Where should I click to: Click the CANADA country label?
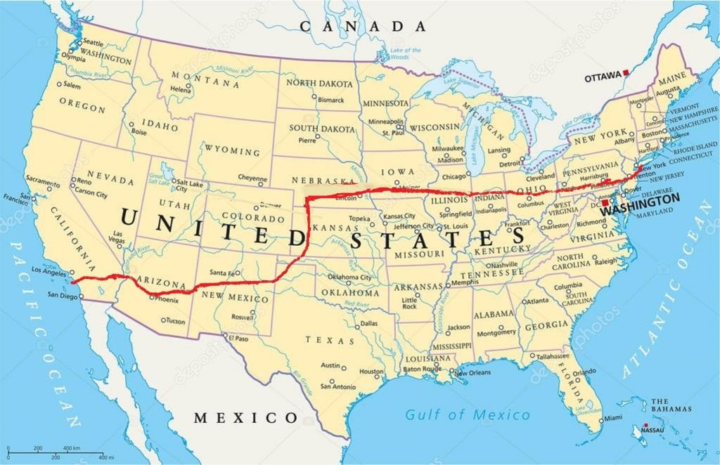[x=363, y=27]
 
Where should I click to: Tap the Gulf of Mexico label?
[x=468, y=414]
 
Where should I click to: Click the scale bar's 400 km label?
[x=71, y=448]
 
